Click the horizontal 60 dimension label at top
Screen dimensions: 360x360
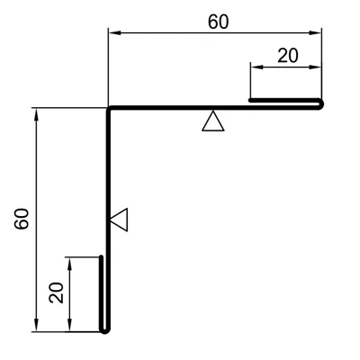pyautogui.click(x=219, y=22)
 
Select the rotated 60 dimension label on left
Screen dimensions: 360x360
pyautogui.click(x=22, y=219)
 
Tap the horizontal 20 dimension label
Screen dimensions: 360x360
pyautogui.click(x=288, y=56)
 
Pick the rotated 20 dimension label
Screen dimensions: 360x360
pyautogui.click(x=57, y=292)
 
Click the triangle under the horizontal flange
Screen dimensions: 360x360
pyautogui.click(x=213, y=121)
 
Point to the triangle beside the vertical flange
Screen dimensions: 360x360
pyautogui.click(x=119, y=220)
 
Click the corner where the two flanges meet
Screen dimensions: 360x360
pyautogui.click(x=109, y=108)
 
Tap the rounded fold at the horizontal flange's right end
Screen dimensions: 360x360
pyautogui.click(x=321, y=103)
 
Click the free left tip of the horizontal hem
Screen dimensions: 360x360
pyautogui.click(x=250, y=100)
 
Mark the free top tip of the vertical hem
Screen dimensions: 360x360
pyautogui.click(x=102, y=257)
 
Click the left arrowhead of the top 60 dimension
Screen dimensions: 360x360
pyautogui.click(x=114, y=33)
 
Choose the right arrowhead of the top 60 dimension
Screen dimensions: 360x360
pyautogui.click(x=315, y=33)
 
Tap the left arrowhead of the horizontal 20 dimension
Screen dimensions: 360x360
pyautogui.click(x=256, y=67)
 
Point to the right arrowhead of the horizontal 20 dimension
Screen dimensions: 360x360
pyautogui.click(x=315, y=67)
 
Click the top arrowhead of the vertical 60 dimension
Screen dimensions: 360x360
pyautogui.click(x=37, y=114)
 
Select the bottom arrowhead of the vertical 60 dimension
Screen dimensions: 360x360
pyautogui.click(x=37, y=325)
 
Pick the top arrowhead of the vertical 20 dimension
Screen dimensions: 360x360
pyautogui.click(x=69, y=264)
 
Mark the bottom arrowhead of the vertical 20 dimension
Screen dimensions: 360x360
pyautogui.click(x=69, y=325)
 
